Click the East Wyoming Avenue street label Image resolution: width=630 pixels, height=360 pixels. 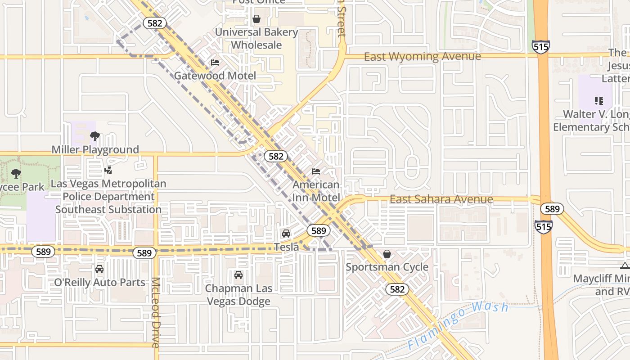pyautogui.click(x=422, y=57)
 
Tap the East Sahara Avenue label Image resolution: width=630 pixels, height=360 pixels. pyautogui.click(x=441, y=199)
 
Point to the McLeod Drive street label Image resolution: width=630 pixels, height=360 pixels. pyautogui.click(x=155, y=312)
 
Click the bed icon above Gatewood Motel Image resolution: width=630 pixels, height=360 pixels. pyautogui.click(x=215, y=63)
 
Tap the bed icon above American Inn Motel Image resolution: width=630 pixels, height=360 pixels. pyautogui.click(x=316, y=171)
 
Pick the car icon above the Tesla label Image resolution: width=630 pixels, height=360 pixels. pyautogui.click(x=286, y=234)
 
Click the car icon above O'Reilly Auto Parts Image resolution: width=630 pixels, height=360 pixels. pyautogui.click(x=99, y=269)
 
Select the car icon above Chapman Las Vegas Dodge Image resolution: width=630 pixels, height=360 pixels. pyautogui.click(x=238, y=274)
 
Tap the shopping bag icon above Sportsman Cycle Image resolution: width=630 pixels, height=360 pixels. pyautogui.click(x=387, y=254)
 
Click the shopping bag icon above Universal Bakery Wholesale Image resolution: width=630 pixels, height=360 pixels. pyautogui.click(x=256, y=19)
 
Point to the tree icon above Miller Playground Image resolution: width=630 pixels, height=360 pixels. pyautogui.click(x=94, y=136)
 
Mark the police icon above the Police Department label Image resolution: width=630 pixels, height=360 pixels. pyautogui.click(x=108, y=170)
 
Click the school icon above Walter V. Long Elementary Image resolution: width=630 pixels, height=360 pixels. pyautogui.click(x=598, y=101)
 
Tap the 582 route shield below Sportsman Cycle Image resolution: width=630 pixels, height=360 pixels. pyautogui.click(x=397, y=289)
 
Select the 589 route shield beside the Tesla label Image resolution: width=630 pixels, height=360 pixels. pyautogui.click(x=318, y=231)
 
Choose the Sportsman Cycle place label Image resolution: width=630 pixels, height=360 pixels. pyautogui.click(x=387, y=267)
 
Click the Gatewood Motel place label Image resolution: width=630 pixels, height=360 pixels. pyautogui.click(x=215, y=76)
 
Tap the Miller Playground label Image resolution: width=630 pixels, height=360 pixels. pyautogui.click(x=95, y=149)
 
